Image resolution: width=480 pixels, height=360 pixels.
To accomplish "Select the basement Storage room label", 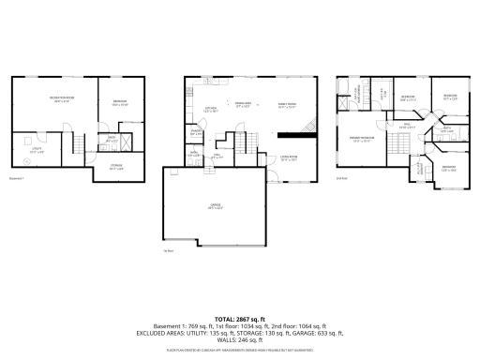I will pyautogui.click(x=116, y=166).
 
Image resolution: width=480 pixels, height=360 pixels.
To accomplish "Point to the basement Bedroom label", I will pyautogui.click(x=120, y=102).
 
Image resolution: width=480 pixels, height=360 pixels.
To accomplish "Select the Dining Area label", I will pyautogui.click(x=244, y=104).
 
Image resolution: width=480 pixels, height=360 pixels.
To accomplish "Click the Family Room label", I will pyautogui.click(x=286, y=105).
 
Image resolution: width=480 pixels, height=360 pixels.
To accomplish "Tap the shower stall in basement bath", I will pyautogui.click(x=126, y=142).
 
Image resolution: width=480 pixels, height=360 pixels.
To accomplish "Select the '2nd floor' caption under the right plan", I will pyautogui.click(x=341, y=177).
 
